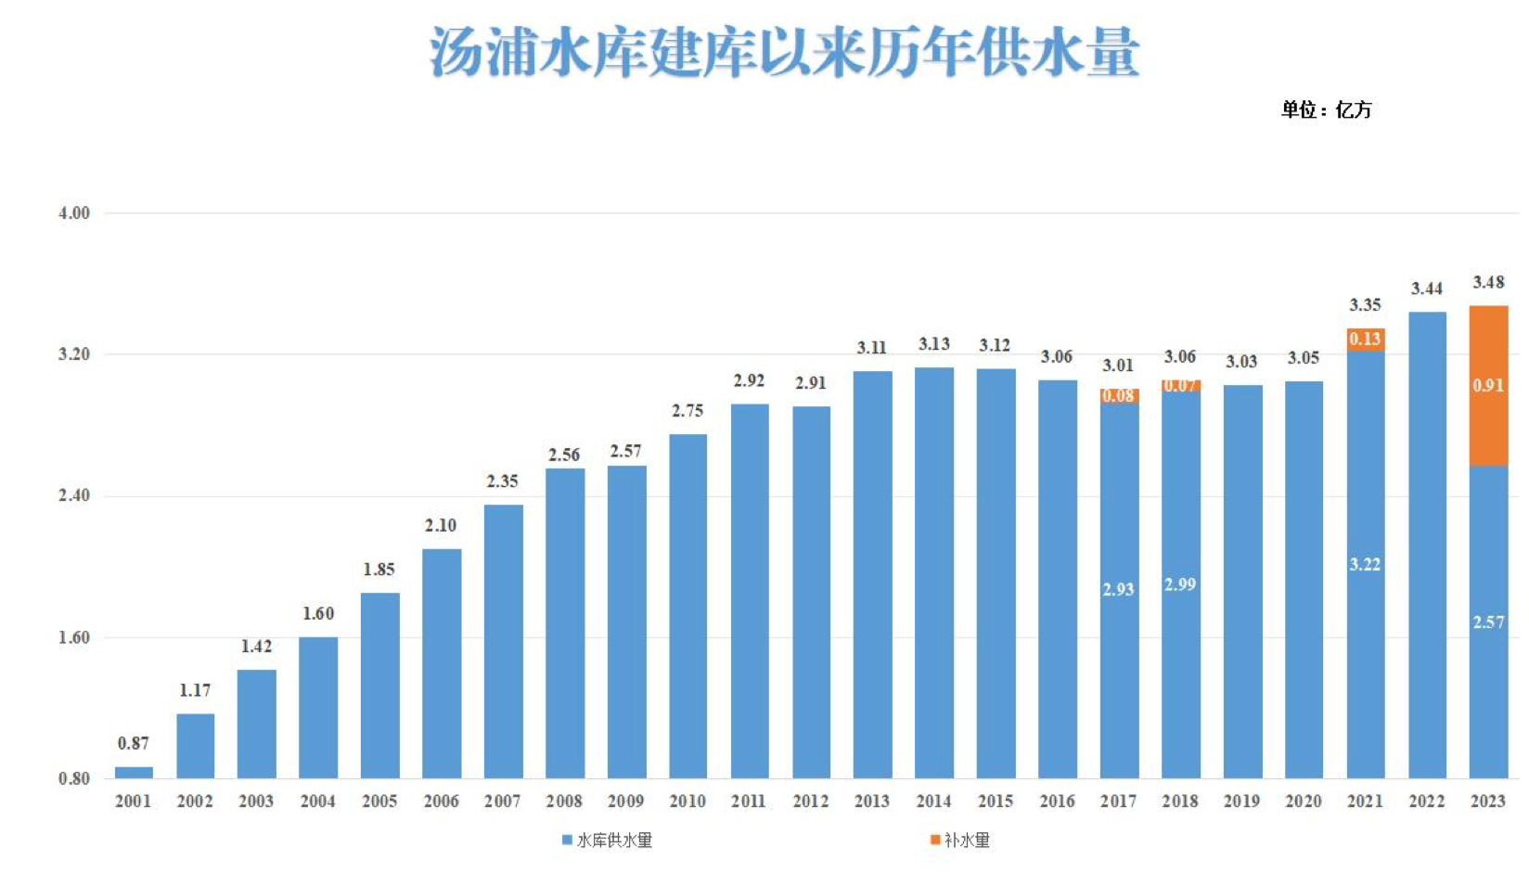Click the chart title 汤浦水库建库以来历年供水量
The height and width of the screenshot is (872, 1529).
[x=784, y=51]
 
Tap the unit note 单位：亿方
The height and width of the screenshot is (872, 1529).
[x=1326, y=109]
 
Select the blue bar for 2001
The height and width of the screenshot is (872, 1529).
[x=134, y=772]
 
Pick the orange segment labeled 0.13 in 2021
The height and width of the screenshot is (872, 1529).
[x=1365, y=340]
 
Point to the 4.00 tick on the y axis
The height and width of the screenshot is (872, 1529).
[x=74, y=213]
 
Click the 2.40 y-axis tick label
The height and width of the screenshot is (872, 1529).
[x=74, y=495]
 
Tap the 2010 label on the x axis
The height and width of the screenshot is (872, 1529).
[x=687, y=801]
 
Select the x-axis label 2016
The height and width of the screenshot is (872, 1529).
[x=1057, y=801]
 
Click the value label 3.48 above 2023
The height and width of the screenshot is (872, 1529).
[x=1488, y=282]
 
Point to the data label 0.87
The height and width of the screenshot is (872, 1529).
[x=133, y=743]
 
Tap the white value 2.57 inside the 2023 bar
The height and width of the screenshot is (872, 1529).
[x=1488, y=622]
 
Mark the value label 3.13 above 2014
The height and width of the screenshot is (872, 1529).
[x=934, y=344]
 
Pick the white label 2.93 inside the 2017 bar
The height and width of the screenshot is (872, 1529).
[x=1118, y=589]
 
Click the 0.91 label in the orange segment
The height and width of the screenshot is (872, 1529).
[x=1488, y=385]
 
